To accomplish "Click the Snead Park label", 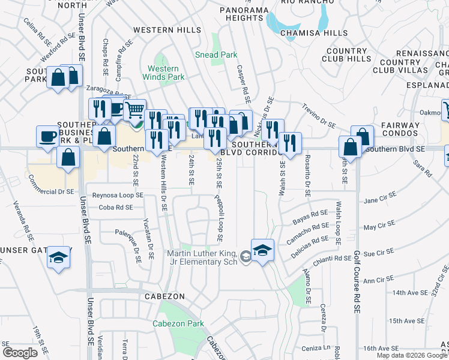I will pos(216,55).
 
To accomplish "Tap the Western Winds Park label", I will pos(163,73).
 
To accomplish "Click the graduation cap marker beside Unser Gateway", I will pos(58,258).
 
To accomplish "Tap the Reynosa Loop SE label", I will pos(118,195).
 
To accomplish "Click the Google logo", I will pos(20,353).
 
